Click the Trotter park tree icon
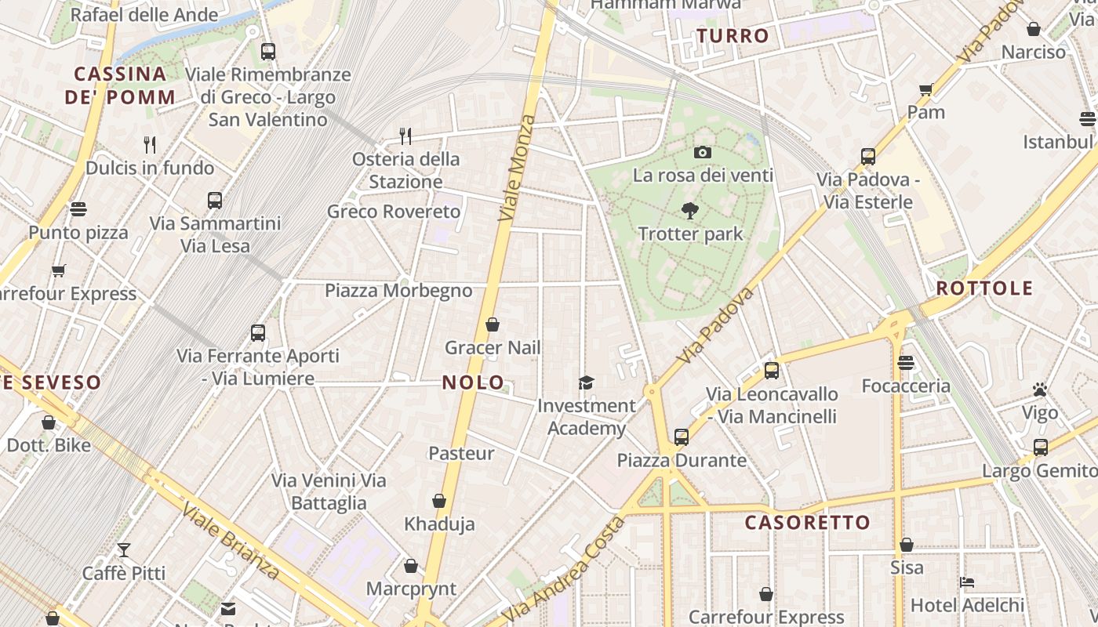[x=690, y=210]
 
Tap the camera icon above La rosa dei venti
[x=703, y=152]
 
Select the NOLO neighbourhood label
[x=474, y=382]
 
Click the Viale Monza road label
[x=517, y=167]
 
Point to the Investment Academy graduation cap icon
[x=587, y=382]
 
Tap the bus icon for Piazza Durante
[x=681, y=437]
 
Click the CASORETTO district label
[x=807, y=523]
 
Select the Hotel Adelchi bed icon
[x=967, y=582]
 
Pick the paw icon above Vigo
[x=1040, y=390]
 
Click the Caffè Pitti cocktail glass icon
[x=124, y=549]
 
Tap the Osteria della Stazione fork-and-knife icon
[x=405, y=136]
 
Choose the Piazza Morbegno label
[x=398, y=291]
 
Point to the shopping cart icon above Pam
[x=926, y=89]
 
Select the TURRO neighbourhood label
[x=733, y=36]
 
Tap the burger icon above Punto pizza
[x=78, y=209]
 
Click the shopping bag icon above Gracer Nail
[x=493, y=324]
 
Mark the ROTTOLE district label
[x=984, y=288]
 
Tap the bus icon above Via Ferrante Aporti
[x=258, y=332]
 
